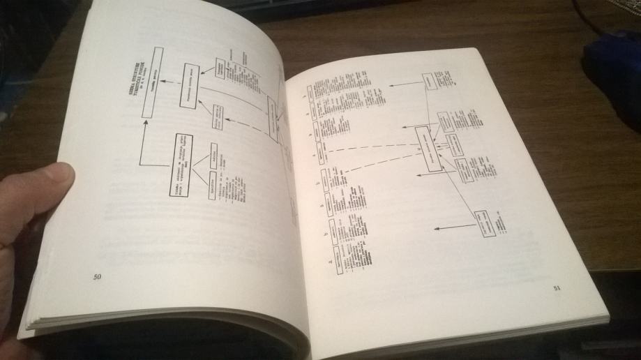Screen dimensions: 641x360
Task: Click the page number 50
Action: pyautogui.click(x=97, y=277)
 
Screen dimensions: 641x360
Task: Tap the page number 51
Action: pyautogui.click(x=557, y=287)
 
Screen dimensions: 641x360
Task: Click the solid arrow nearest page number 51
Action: pyautogui.click(x=453, y=227)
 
